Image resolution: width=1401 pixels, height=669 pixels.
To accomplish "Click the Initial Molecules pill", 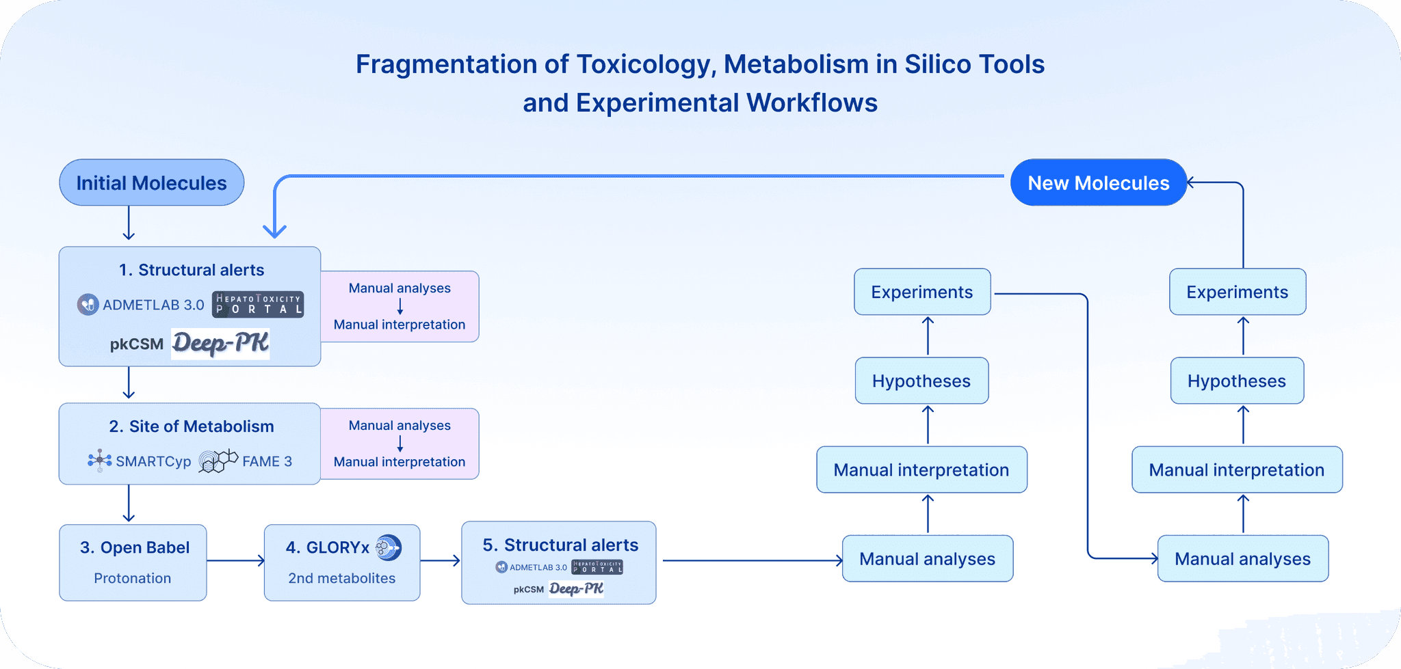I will coord(151,183).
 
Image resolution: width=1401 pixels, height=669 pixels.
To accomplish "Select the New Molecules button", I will coord(1098,183).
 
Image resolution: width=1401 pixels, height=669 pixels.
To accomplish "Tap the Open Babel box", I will coord(133,562).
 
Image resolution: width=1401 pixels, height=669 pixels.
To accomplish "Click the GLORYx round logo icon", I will coord(389,547).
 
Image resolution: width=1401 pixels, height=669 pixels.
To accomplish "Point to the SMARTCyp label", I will coord(153,461).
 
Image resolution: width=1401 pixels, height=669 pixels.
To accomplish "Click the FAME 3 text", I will coord(267,461).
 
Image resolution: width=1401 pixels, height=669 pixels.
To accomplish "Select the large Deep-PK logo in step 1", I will coord(220,343).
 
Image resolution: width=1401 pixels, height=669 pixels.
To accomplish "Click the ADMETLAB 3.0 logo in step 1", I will coord(141,305).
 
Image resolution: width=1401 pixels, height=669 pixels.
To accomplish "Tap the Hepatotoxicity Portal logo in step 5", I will coord(597,567).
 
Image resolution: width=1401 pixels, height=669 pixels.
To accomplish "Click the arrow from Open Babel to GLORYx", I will coord(235,560).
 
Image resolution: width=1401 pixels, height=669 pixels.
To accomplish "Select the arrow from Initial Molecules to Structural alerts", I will coord(129,223).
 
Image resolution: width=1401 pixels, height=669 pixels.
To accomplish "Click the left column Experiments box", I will coord(921,292).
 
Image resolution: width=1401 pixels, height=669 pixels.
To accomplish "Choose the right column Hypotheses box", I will coord(1236,381).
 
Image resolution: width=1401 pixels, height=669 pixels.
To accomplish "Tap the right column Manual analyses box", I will coord(1242,559).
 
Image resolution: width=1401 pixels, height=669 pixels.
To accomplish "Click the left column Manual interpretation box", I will coord(921,470).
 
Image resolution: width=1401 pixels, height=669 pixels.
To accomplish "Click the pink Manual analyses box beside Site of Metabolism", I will coord(400,444).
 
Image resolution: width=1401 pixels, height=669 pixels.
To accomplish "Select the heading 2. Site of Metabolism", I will coord(192,426).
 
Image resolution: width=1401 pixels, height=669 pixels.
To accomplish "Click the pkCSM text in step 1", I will coord(137,344).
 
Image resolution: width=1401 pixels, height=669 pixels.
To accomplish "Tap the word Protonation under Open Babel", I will coord(133,578).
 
